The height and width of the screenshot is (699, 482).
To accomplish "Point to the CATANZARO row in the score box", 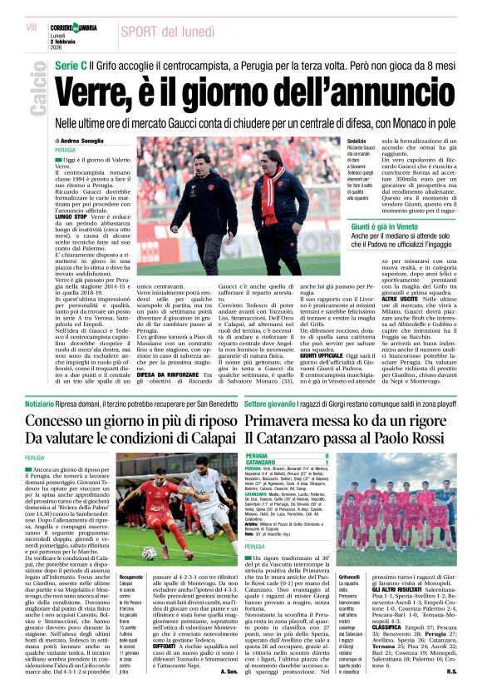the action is (268, 462).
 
